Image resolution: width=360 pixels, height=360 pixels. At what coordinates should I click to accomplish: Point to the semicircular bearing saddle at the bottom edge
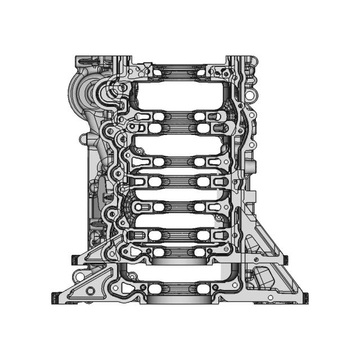point(178,298)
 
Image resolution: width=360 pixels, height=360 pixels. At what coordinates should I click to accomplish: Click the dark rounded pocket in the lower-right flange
point(262,278)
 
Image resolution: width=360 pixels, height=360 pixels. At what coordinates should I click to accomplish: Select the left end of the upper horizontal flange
point(73,259)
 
